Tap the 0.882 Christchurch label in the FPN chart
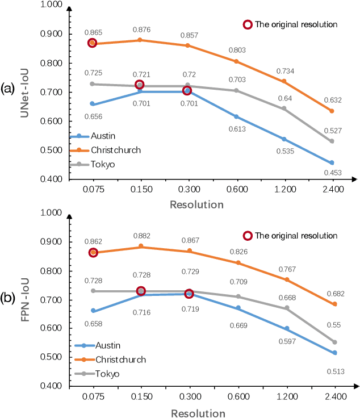[141, 236]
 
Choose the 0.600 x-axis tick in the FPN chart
[237, 397]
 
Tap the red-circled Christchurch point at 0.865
[93, 43]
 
